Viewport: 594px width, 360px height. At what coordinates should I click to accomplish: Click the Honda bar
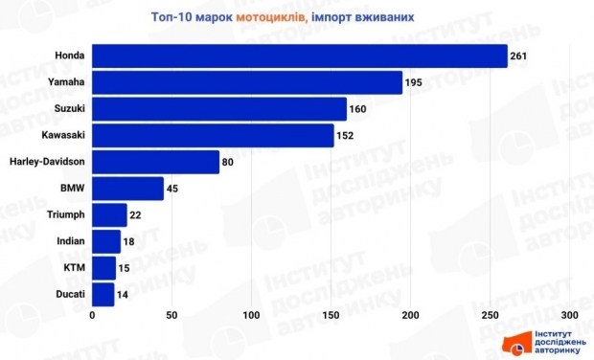pyautogui.click(x=299, y=56)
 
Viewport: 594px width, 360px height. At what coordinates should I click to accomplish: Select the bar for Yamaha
pyautogui.click(x=247, y=83)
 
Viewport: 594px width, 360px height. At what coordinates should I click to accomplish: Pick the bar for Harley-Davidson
pyautogui.click(x=155, y=162)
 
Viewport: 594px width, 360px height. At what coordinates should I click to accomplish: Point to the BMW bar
pyautogui.click(x=127, y=189)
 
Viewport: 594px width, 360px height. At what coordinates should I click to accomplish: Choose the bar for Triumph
pyautogui.click(x=109, y=214)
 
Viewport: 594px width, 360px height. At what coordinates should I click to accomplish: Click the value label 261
pyautogui.click(x=520, y=56)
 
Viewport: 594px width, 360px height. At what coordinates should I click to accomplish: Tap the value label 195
pyautogui.click(x=415, y=83)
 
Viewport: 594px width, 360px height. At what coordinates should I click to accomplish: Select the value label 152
pyautogui.click(x=346, y=136)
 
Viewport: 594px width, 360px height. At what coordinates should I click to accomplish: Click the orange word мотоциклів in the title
pyautogui.click(x=272, y=17)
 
